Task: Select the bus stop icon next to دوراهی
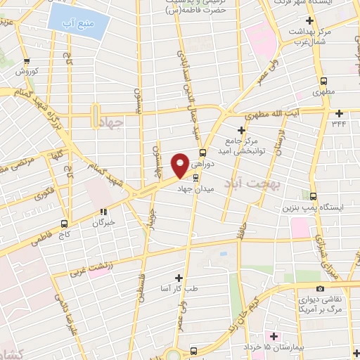tap(202, 153)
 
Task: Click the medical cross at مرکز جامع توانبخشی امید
tap(241, 129)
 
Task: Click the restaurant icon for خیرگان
tap(103, 210)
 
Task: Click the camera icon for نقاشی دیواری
tap(321, 288)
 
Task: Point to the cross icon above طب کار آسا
tap(179, 278)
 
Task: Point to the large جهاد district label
tap(108, 122)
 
